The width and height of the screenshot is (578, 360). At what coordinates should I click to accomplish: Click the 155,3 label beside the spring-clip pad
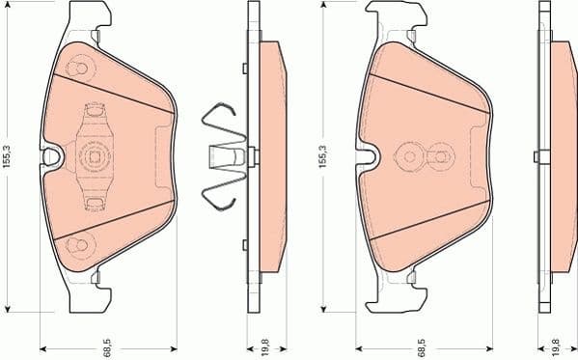coord(9,155)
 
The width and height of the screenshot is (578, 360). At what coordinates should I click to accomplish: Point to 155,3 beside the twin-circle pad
coord(322,155)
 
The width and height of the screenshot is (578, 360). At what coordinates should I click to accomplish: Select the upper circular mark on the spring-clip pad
coord(80,69)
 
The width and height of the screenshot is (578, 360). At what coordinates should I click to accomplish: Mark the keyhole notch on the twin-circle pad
coord(366,156)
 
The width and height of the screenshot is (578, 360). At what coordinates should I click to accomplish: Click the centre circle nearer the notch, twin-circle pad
coord(409,156)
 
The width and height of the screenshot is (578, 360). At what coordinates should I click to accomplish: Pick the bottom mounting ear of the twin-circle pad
coord(396,293)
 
